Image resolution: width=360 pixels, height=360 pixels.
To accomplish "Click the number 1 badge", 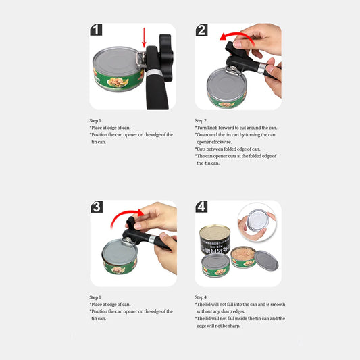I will (97, 30).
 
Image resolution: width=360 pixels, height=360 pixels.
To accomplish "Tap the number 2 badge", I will (202, 30).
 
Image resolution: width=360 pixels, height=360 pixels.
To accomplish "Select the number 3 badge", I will (97, 207).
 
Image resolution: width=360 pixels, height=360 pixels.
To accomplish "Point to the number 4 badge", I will (202, 207).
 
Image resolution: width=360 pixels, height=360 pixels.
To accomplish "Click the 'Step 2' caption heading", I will (201, 120).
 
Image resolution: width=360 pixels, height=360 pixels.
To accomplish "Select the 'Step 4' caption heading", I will (201, 297).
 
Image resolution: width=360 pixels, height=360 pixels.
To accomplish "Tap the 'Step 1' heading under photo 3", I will (95, 297).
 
